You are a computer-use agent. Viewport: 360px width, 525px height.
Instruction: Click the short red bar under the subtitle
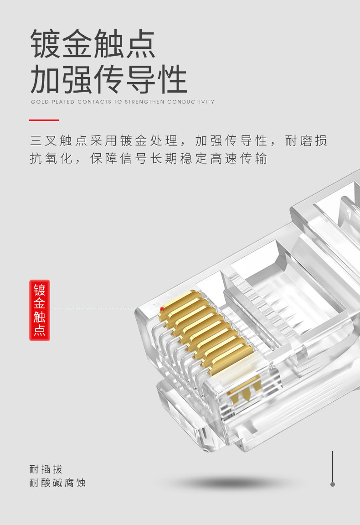pyautogui.click(x=44, y=120)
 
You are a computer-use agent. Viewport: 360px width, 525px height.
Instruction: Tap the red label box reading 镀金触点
pyautogui.click(x=40, y=310)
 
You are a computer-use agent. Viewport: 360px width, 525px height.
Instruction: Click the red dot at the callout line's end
pyautogui.click(x=162, y=309)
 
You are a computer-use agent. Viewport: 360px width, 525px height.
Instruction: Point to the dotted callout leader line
pyautogui.click(x=105, y=309)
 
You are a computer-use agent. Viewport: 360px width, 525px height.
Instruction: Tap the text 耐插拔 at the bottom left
pyautogui.click(x=46, y=469)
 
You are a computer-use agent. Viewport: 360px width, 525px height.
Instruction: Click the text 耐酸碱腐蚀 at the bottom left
pyautogui.click(x=57, y=483)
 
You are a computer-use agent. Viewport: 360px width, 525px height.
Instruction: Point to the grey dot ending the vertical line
pyautogui.click(x=333, y=484)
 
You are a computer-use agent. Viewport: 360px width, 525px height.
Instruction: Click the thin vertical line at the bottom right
pyautogui.click(x=333, y=465)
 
